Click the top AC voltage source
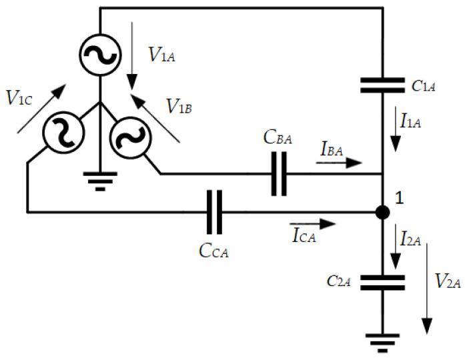(x=99, y=53)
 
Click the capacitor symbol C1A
(x=382, y=85)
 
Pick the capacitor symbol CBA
(x=280, y=175)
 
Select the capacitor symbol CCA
(x=215, y=213)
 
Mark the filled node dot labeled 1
(x=382, y=213)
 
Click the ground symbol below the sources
(x=99, y=180)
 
